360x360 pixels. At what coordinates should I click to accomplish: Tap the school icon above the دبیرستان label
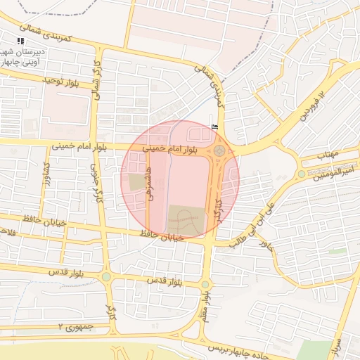pos(20,43)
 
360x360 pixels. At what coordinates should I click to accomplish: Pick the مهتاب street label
pos(328,154)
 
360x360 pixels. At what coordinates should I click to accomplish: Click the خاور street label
pos(265,246)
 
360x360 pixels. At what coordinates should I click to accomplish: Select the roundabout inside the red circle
pos(220,150)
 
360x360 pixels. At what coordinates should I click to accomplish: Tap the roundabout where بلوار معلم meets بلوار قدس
pos(205,284)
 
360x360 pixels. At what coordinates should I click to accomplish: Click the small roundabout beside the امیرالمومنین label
pos(302,174)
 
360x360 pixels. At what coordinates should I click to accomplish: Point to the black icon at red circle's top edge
pos(214,127)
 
